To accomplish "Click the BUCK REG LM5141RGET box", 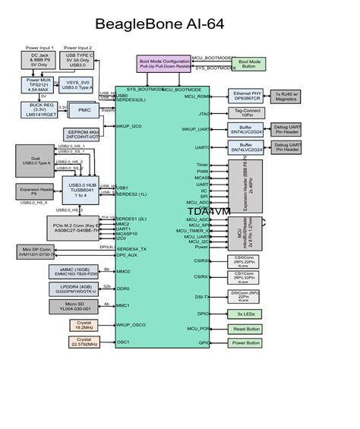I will (x=39, y=109).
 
